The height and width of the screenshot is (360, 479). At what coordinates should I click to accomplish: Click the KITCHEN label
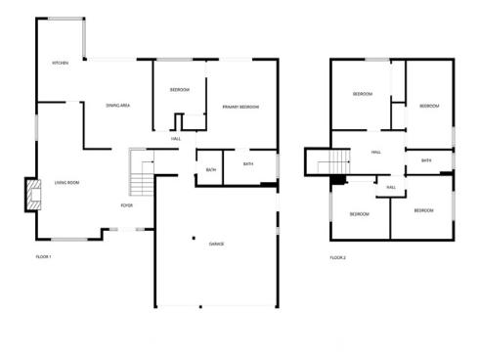[x=61, y=64]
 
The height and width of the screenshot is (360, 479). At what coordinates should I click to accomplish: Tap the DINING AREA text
[x=118, y=105]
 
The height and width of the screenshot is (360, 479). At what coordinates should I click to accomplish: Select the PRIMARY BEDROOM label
[x=239, y=106]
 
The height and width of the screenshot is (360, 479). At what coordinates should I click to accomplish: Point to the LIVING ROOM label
[x=66, y=183]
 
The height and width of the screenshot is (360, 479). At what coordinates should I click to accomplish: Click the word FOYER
[x=127, y=206]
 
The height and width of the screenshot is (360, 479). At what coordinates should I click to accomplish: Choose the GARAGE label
[x=215, y=243]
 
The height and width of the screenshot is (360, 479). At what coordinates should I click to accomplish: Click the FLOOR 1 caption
[x=43, y=257]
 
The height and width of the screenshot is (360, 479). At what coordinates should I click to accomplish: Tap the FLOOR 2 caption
[x=337, y=257]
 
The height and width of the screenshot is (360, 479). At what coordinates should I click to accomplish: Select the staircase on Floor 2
[x=337, y=162]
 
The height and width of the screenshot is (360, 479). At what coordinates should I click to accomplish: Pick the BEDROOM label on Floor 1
[x=180, y=90]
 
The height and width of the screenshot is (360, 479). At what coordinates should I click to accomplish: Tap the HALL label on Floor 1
[x=176, y=139]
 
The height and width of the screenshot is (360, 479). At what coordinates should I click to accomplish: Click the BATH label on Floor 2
[x=426, y=160]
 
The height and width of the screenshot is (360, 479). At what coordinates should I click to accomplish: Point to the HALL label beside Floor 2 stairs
[x=376, y=153]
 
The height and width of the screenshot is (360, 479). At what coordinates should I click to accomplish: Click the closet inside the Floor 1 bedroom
[x=180, y=120]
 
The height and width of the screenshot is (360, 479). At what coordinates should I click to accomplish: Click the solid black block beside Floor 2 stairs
[x=338, y=180]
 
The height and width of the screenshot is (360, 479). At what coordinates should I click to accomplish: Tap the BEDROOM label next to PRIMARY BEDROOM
[x=180, y=90]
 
